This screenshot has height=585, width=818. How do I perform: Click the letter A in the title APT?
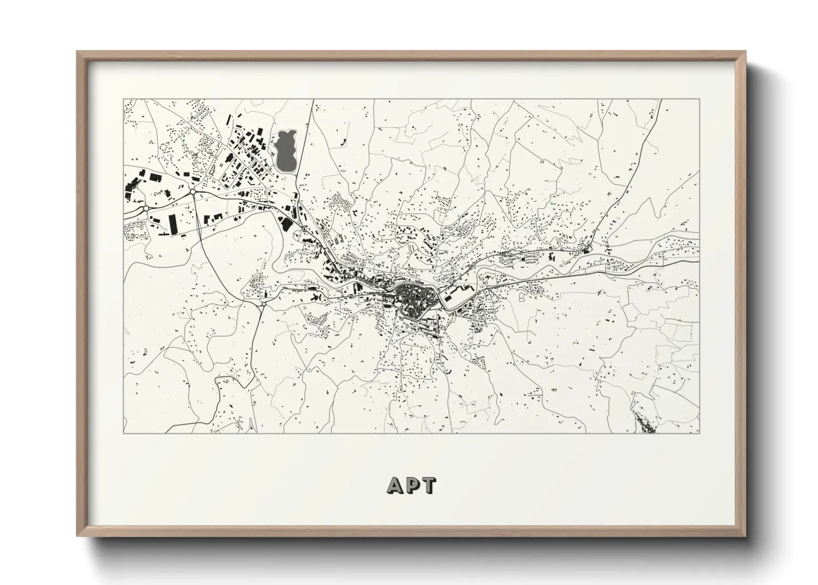(x=396, y=485)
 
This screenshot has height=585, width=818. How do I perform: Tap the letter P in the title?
(x=412, y=485)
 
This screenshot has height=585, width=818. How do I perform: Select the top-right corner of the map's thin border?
(x=699, y=100)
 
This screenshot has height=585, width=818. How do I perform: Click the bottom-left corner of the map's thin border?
(x=123, y=433)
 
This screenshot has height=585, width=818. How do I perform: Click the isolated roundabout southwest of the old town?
(x=264, y=303)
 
